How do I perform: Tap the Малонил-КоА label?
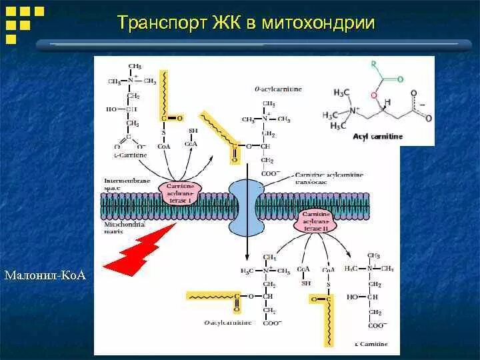(x=45, y=275)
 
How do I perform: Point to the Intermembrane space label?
(x=127, y=184)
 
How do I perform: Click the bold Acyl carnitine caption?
(x=377, y=136)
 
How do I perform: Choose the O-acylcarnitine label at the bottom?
(x=228, y=322)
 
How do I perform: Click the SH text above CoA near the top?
(x=193, y=131)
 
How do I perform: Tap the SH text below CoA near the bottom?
(x=306, y=283)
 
